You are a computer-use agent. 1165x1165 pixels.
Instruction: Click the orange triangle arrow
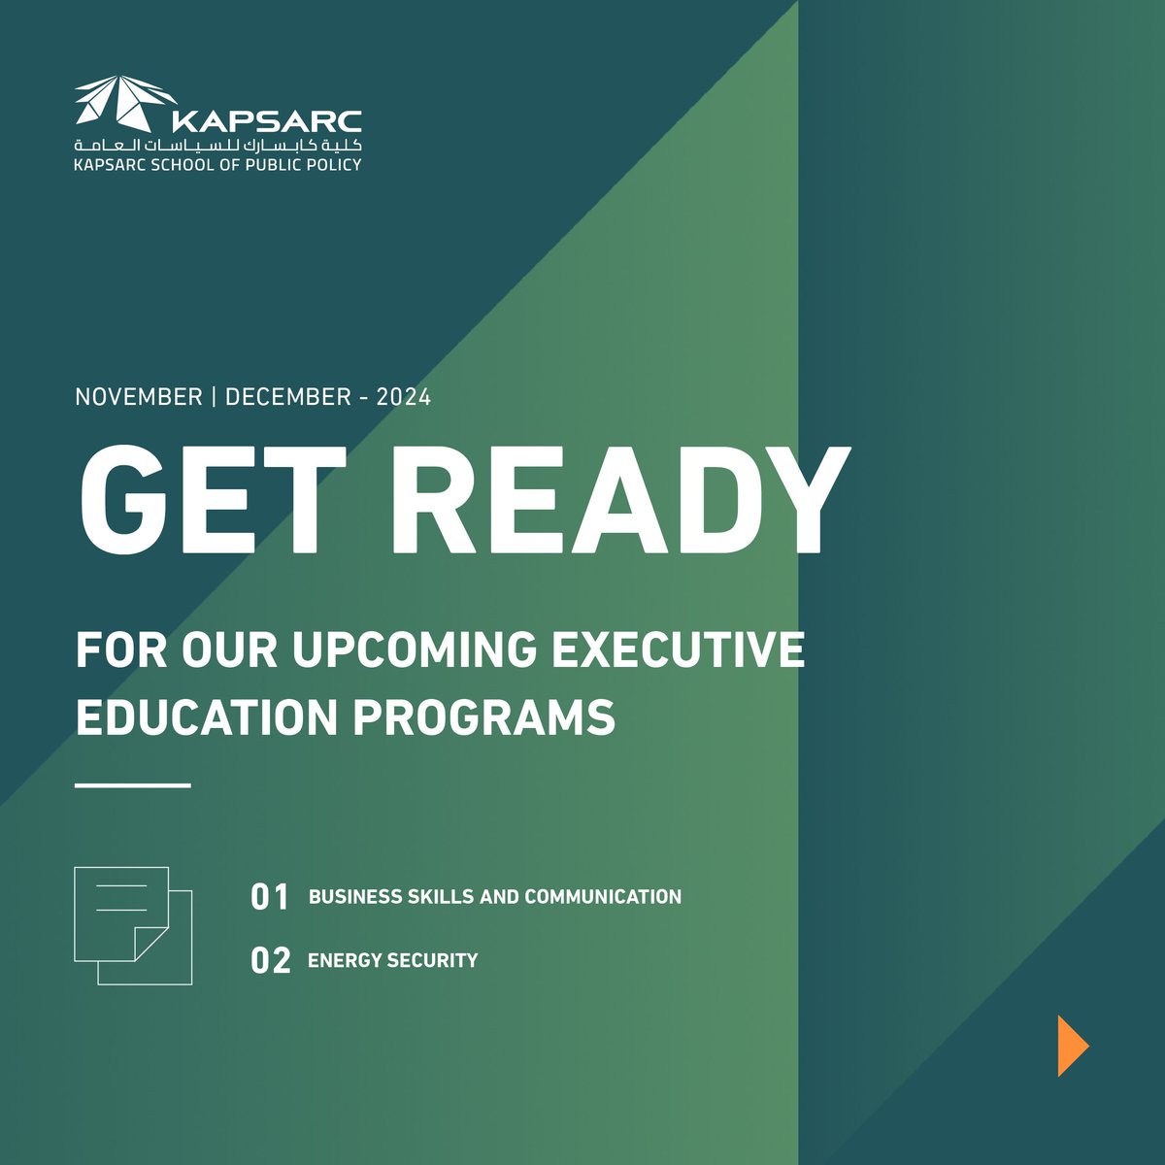click(x=1072, y=1046)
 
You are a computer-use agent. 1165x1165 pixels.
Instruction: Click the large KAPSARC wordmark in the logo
click(x=265, y=121)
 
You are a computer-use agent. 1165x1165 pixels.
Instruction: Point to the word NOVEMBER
click(x=139, y=397)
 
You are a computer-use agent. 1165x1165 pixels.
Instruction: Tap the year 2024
click(x=404, y=397)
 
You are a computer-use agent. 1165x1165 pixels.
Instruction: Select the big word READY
click(x=621, y=501)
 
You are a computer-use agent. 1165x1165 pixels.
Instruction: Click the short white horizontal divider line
click(x=133, y=784)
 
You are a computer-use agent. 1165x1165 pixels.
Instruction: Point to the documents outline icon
click(x=133, y=925)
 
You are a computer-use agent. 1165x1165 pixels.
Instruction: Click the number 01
click(x=270, y=897)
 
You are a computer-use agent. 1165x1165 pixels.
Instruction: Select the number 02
click(x=270, y=961)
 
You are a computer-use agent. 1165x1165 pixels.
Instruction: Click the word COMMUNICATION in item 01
click(x=603, y=897)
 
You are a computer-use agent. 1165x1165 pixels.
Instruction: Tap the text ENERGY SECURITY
click(x=392, y=960)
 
